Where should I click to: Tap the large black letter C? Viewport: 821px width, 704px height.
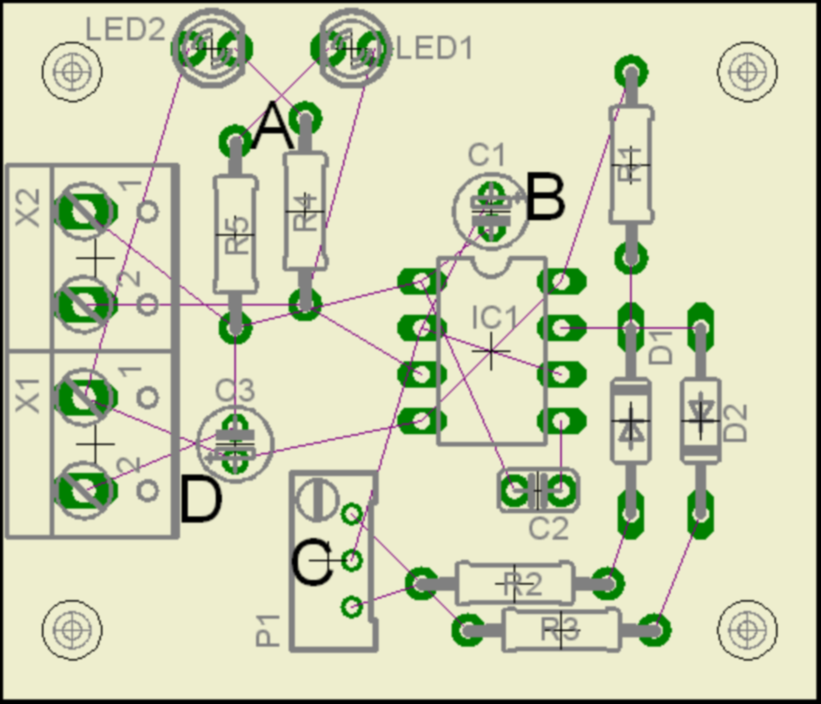[x=311, y=564]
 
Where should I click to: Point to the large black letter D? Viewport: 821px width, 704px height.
[x=201, y=501]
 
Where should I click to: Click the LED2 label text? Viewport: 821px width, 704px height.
[x=125, y=30]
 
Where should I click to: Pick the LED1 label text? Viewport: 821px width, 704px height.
[x=434, y=49]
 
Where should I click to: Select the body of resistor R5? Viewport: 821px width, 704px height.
[x=235, y=233]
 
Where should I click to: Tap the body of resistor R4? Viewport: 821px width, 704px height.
[x=305, y=211]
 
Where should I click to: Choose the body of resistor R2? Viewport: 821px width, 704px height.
[x=515, y=583]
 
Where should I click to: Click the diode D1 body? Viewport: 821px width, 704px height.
[x=630, y=422]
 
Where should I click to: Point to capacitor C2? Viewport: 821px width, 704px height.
[x=539, y=491]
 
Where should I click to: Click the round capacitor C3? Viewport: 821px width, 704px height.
[x=234, y=442]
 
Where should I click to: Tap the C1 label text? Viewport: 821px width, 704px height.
[x=487, y=156]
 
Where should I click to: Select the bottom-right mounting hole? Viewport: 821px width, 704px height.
[x=745, y=627]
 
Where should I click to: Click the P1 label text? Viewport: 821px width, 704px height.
[x=268, y=631]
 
